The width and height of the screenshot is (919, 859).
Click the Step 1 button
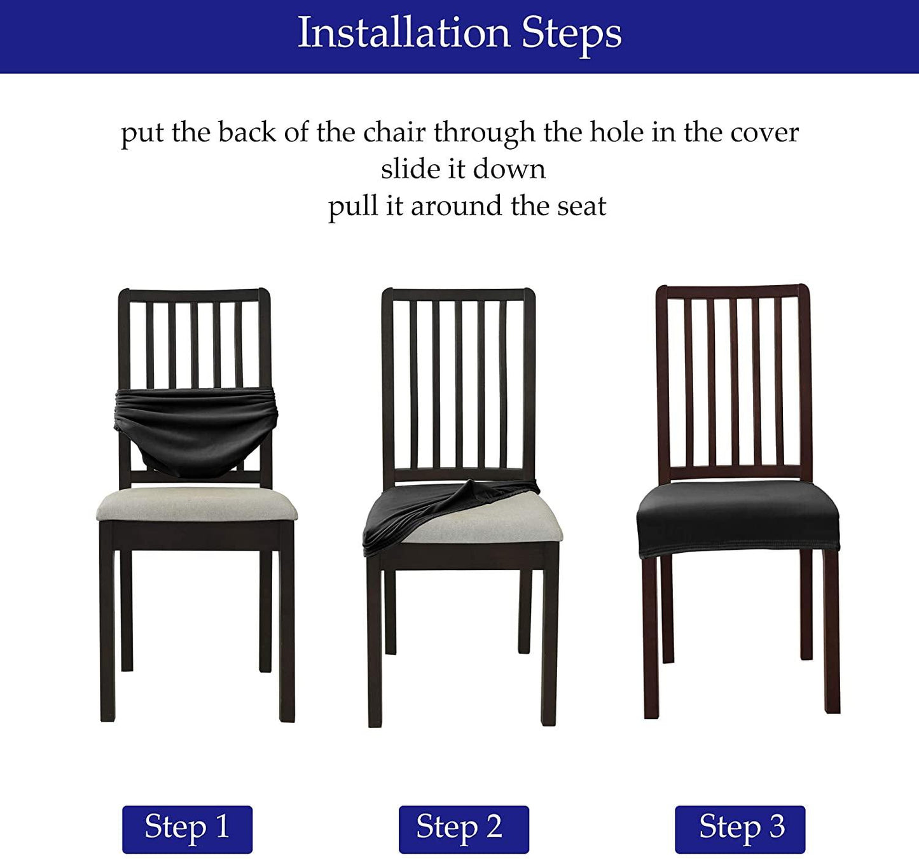[x=187, y=828]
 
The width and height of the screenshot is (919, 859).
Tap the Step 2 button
[x=463, y=828]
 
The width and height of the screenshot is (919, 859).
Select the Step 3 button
[x=740, y=828]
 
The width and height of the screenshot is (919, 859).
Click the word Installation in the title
[x=404, y=33]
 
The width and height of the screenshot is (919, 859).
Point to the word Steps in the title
[x=571, y=33]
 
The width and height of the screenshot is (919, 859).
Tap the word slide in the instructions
[x=404, y=169]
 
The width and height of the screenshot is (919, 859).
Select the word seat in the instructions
[x=581, y=206]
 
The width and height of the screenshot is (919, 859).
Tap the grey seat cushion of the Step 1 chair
[x=197, y=504]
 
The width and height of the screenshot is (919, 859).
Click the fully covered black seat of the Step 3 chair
[x=738, y=515]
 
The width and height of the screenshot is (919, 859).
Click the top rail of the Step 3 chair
[x=733, y=292]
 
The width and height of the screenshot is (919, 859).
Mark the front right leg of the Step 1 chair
[x=287, y=636]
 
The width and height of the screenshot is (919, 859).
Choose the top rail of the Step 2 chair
[x=458, y=295]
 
